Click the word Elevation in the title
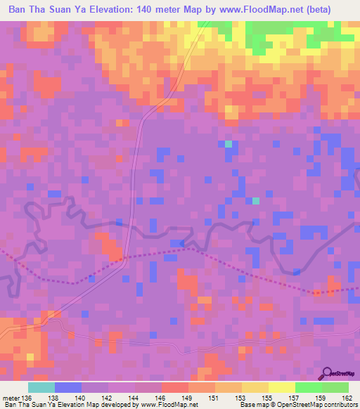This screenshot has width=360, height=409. (x=106, y=11)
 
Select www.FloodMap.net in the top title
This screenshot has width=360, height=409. (x=250, y=11)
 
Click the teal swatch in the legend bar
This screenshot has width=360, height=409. (x=41, y=387)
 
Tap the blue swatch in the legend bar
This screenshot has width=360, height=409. (x=68, y=387)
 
